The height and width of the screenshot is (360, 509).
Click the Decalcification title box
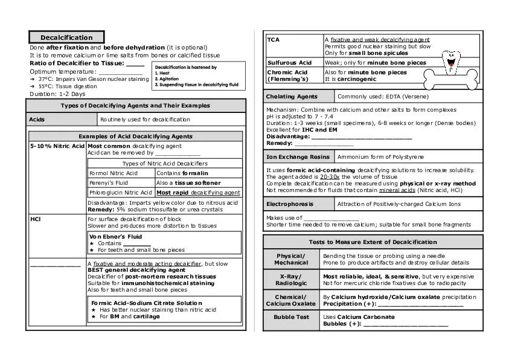66,37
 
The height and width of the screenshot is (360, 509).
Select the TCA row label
274,39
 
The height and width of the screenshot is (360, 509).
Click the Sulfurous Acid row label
289,63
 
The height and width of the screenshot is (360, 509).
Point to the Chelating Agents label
292,97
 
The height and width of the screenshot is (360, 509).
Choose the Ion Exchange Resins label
298,157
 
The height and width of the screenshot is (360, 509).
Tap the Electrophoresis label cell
290,204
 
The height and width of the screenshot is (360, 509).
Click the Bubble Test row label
291,317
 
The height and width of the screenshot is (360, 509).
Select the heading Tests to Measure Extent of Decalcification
373,242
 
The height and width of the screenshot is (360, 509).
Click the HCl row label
35,219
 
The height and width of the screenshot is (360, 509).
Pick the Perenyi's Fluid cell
109,182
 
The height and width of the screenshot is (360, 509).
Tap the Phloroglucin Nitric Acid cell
121,193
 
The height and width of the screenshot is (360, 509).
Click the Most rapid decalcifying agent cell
198,193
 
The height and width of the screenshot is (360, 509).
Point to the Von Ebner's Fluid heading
115,237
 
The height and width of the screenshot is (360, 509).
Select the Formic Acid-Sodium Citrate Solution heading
147,303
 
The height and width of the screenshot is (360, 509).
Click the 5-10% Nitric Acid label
57,146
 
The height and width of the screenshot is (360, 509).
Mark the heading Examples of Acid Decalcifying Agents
135,137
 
